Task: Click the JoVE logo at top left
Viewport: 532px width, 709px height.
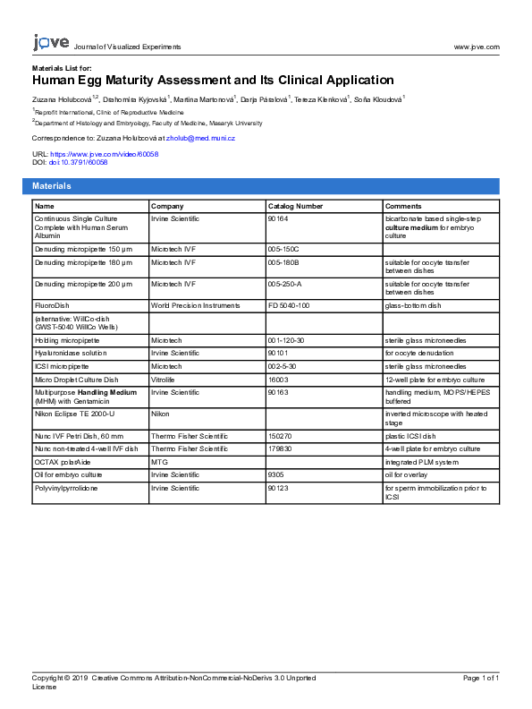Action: tap(50, 42)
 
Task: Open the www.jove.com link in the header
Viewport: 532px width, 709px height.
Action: tap(477, 47)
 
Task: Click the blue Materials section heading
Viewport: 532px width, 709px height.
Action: tap(52, 185)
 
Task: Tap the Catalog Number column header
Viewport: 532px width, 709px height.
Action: tap(295, 206)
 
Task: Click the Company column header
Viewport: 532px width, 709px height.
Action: tap(167, 206)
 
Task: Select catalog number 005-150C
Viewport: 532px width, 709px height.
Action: tap(283, 248)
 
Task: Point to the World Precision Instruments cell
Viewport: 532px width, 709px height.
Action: tap(195, 305)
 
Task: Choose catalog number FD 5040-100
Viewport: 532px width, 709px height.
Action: tap(288, 305)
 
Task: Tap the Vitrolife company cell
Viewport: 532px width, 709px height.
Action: tap(162, 380)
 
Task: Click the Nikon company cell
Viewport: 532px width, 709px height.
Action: tap(159, 413)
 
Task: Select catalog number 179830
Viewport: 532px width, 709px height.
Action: tap(279, 448)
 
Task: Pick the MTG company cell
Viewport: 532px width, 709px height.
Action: tap(158, 461)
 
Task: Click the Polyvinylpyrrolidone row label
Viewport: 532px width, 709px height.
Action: tap(66, 488)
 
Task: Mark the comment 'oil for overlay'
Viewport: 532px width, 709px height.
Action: tap(410, 474)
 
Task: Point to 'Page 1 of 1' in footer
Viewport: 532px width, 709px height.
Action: tap(480, 678)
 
